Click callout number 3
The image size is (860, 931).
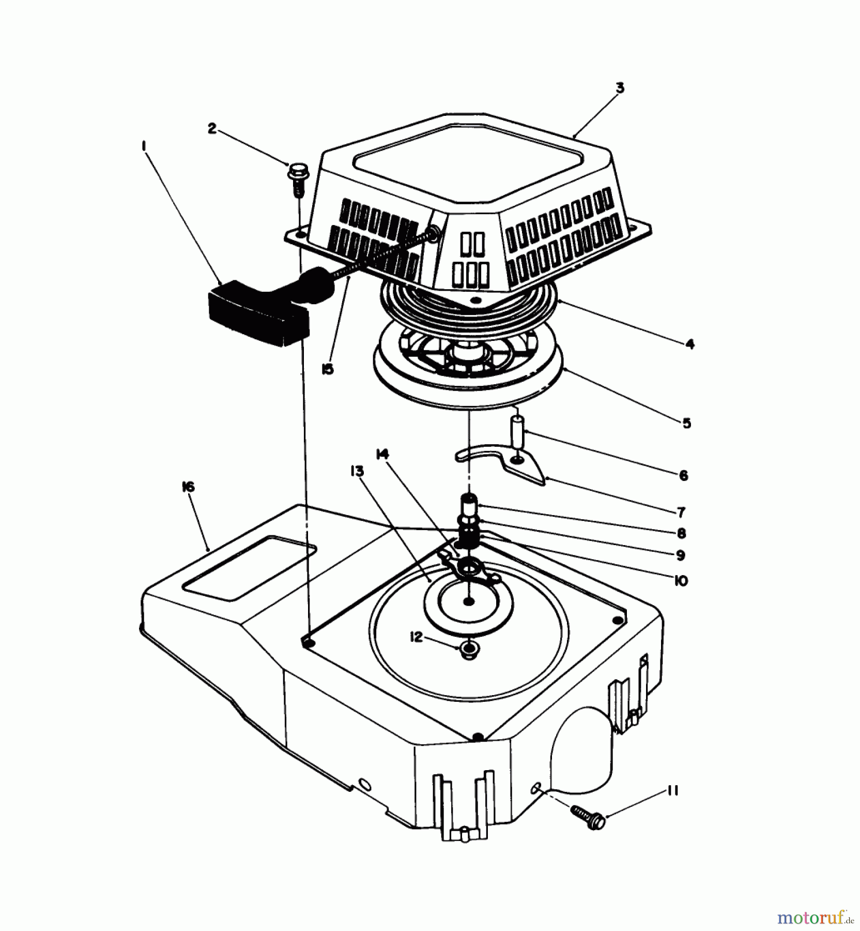click(620, 88)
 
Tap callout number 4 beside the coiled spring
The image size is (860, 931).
click(690, 344)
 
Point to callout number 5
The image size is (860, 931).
click(686, 424)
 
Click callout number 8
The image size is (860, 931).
click(681, 533)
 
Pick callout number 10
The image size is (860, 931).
click(681, 581)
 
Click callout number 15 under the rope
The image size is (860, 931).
click(327, 369)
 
